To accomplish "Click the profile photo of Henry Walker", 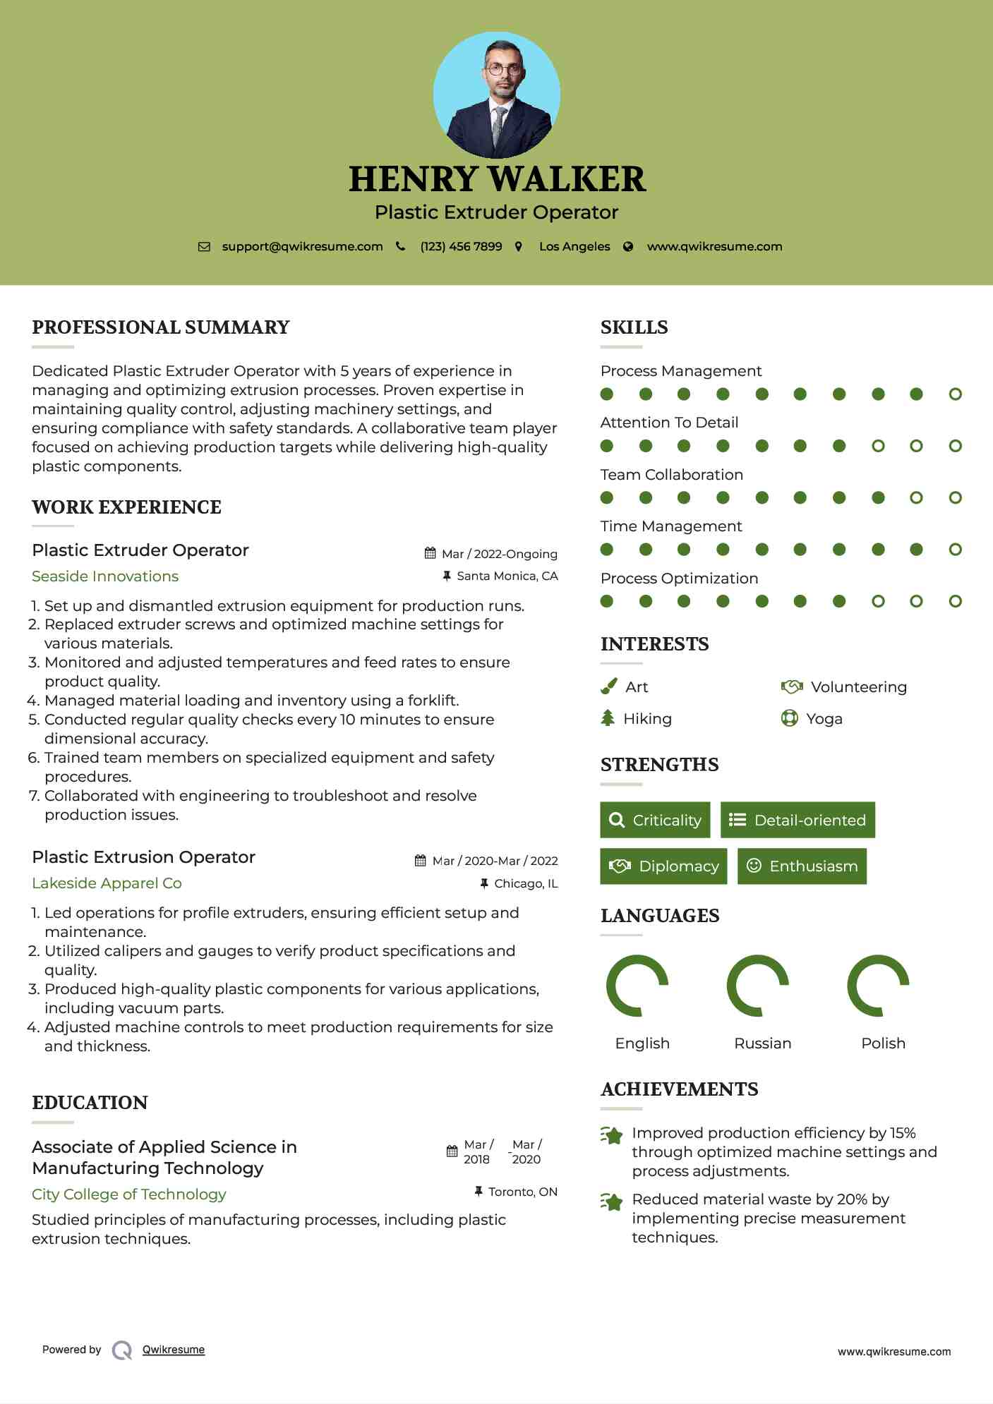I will click(x=497, y=95).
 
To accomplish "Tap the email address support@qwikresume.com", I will click(x=302, y=247).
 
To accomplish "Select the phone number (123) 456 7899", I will click(x=461, y=247).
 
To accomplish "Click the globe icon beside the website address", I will click(x=628, y=247).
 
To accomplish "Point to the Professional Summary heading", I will click(x=161, y=327).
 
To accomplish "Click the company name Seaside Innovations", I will click(x=105, y=576).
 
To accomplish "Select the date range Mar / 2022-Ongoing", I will click(x=499, y=554).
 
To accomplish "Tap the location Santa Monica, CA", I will click(x=507, y=576).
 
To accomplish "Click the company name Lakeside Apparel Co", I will click(x=107, y=883).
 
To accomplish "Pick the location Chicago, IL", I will click(x=525, y=883).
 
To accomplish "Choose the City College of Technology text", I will click(x=129, y=1194).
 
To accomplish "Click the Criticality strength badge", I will click(x=655, y=820).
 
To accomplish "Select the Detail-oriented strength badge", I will click(x=798, y=820).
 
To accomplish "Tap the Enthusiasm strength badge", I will click(x=802, y=866).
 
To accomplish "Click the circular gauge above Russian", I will click(x=758, y=986).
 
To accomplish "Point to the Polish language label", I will click(x=883, y=1043).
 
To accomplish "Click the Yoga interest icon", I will click(x=790, y=718).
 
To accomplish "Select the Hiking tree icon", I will click(x=608, y=718).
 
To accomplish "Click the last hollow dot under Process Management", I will click(x=956, y=394).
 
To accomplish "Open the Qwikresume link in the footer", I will click(x=174, y=1350).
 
